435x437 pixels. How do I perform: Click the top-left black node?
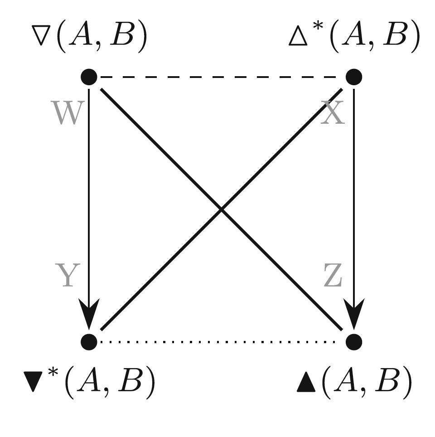(89, 77)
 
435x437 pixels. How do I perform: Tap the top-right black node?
(353, 77)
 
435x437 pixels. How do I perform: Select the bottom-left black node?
(89, 341)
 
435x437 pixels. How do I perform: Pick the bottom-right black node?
(353, 341)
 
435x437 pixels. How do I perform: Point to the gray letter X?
(333, 113)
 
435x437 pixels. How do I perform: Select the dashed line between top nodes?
(221, 77)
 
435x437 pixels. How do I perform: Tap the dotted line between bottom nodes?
(221, 341)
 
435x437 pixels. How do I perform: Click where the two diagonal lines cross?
(221, 209)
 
